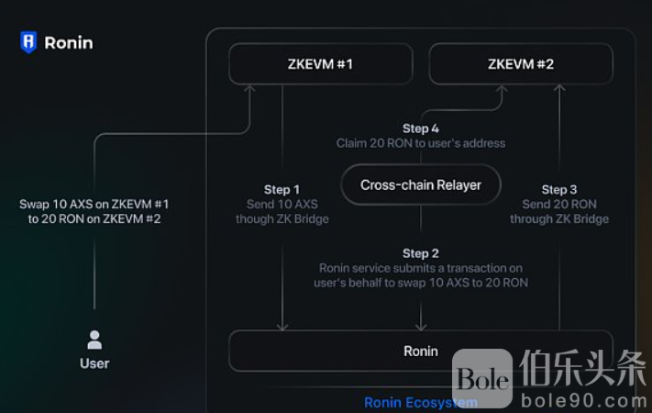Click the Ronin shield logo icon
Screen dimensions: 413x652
click(x=28, y=42)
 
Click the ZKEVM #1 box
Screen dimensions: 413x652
click(x=320, y=64)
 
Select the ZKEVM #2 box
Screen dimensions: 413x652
click(x=520, y=64)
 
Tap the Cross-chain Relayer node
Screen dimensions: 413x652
click(x=421, y=184)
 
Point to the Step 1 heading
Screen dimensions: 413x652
click(x=282, y=190)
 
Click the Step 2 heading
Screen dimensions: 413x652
click(x=421, y=252)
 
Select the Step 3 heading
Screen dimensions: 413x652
click(x=559, y=190)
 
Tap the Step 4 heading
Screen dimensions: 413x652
click(x=421, y=128)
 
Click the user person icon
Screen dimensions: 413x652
click(x=94, y=340)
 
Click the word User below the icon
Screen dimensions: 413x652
click(x=94, y=363)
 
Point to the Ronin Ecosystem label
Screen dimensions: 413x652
click(x=420, y=402)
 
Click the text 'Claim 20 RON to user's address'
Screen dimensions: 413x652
click(x=421, y=143)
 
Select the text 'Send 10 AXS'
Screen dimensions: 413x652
click(x=282, y=205)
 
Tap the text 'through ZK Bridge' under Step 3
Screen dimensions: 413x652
click(x=559, y=219)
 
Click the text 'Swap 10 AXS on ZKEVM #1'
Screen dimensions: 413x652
click(x=94, y=204)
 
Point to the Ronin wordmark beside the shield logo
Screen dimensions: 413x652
click(x=69, y=42)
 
